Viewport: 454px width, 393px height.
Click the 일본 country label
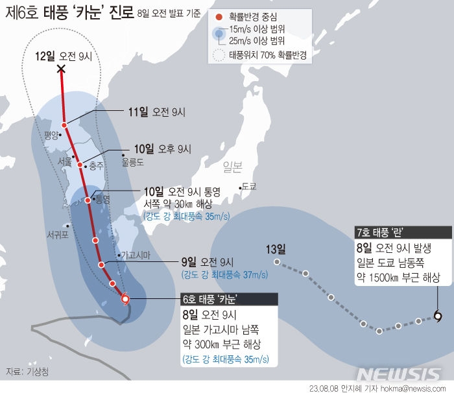click(232, 167)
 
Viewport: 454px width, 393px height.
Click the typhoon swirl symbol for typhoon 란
click(438, 316)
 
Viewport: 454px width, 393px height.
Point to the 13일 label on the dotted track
click(275, 249)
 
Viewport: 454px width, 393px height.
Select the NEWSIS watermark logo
click(400, 375)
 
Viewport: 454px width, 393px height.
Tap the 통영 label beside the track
click(102, 198)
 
